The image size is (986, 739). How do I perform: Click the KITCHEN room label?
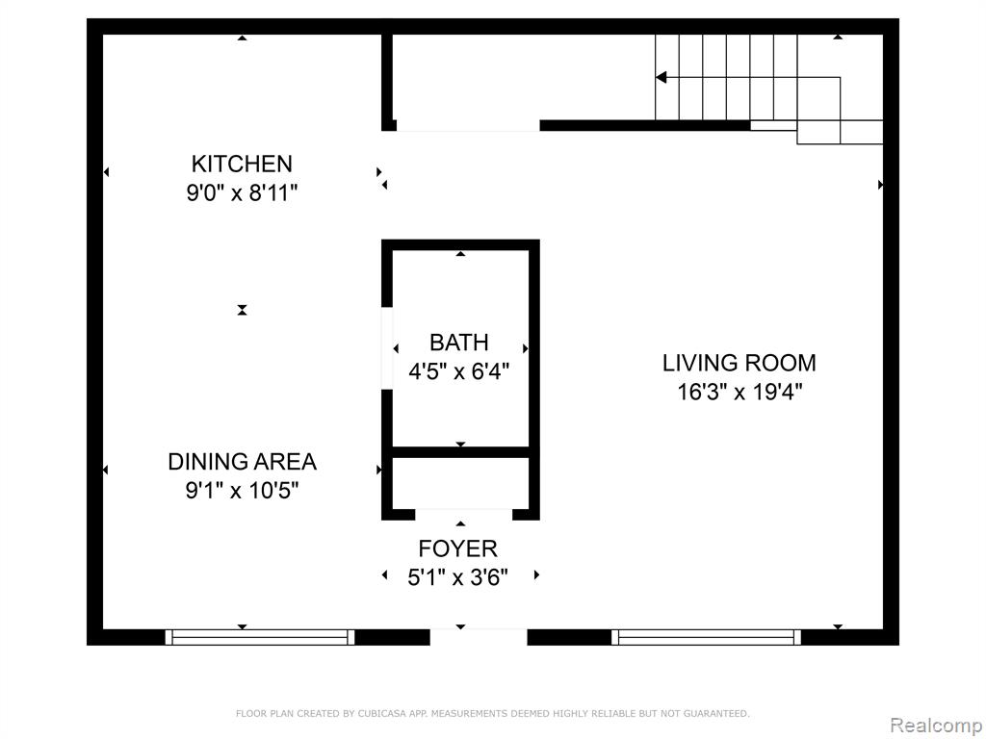pos(242,164)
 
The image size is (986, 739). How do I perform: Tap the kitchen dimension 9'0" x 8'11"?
pos(242,192)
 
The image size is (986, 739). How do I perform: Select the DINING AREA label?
pos(242,462)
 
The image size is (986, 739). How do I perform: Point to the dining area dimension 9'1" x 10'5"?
pos(242,490)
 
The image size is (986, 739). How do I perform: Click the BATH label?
pos(459,343)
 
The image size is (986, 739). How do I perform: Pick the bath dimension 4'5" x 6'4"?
pos(459,371)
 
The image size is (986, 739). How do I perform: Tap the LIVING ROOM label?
pos(739,363)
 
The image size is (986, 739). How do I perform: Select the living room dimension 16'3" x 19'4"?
pos(739,393)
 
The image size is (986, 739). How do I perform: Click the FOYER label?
pos(457,548)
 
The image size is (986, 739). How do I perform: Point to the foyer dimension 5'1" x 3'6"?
pos(457,577)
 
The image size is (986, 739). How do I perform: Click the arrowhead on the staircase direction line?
pos(661,77)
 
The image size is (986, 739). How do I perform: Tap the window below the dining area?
pos(260,637)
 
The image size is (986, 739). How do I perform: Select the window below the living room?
pos(706,637)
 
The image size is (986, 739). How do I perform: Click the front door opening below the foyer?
pos(479,637)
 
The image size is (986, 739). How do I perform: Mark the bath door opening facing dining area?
pos(387,348)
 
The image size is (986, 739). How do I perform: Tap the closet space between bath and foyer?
pos(460,483)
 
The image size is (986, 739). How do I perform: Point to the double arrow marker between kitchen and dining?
pos(242,310)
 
